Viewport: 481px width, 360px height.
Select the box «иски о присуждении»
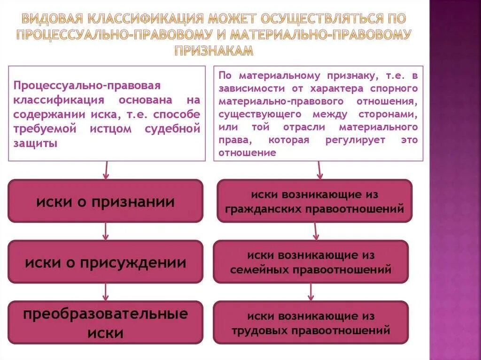[106, 262]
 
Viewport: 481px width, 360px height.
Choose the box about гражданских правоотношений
[314, 201]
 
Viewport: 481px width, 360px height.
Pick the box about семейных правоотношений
[310, 262]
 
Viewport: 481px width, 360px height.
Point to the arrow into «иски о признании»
[106, 170]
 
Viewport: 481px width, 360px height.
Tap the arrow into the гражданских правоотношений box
[319, 170]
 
